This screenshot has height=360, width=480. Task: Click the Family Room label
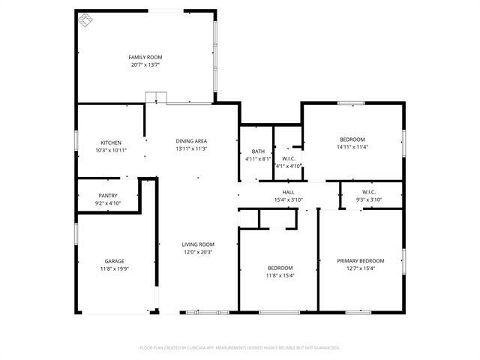(145, 58)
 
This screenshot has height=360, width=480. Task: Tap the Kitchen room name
(111, 142)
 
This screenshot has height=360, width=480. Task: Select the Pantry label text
(107, 196)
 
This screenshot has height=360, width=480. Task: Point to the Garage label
(114, 262)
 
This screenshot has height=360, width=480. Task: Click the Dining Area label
(191, 141)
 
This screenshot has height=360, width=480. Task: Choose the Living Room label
(198, 244)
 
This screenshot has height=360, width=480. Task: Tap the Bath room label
(257, 151)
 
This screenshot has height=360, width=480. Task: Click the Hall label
(287, 193)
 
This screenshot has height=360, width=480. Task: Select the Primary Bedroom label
(355, 261)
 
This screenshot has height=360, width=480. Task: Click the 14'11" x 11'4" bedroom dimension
(352, 147)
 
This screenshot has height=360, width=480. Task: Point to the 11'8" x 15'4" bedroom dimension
(280, 275)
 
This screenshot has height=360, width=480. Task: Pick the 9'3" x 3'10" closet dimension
(368, 199)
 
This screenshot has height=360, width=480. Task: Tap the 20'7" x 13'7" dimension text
(145, 65)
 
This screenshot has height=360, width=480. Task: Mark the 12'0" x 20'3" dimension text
(198, 252)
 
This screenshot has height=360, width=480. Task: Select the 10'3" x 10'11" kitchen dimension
(111, 150)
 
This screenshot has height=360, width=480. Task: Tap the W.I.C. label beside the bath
(288, 158)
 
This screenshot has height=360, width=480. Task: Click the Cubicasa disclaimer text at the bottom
(240, 347)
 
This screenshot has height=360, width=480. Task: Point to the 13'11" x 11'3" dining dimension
(191, 148)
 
